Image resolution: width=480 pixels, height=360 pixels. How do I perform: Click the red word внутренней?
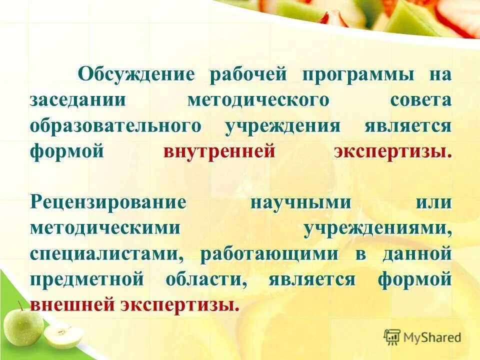[219, 150]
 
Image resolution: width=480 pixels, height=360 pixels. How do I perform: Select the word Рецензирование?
[108, 203]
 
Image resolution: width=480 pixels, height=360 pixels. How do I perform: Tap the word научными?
[300, 203]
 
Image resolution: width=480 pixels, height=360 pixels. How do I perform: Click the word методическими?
[104, 228]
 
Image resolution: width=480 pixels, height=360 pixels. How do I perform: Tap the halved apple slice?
[63, 335]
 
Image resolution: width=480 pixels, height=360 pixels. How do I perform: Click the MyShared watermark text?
[433, 337]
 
